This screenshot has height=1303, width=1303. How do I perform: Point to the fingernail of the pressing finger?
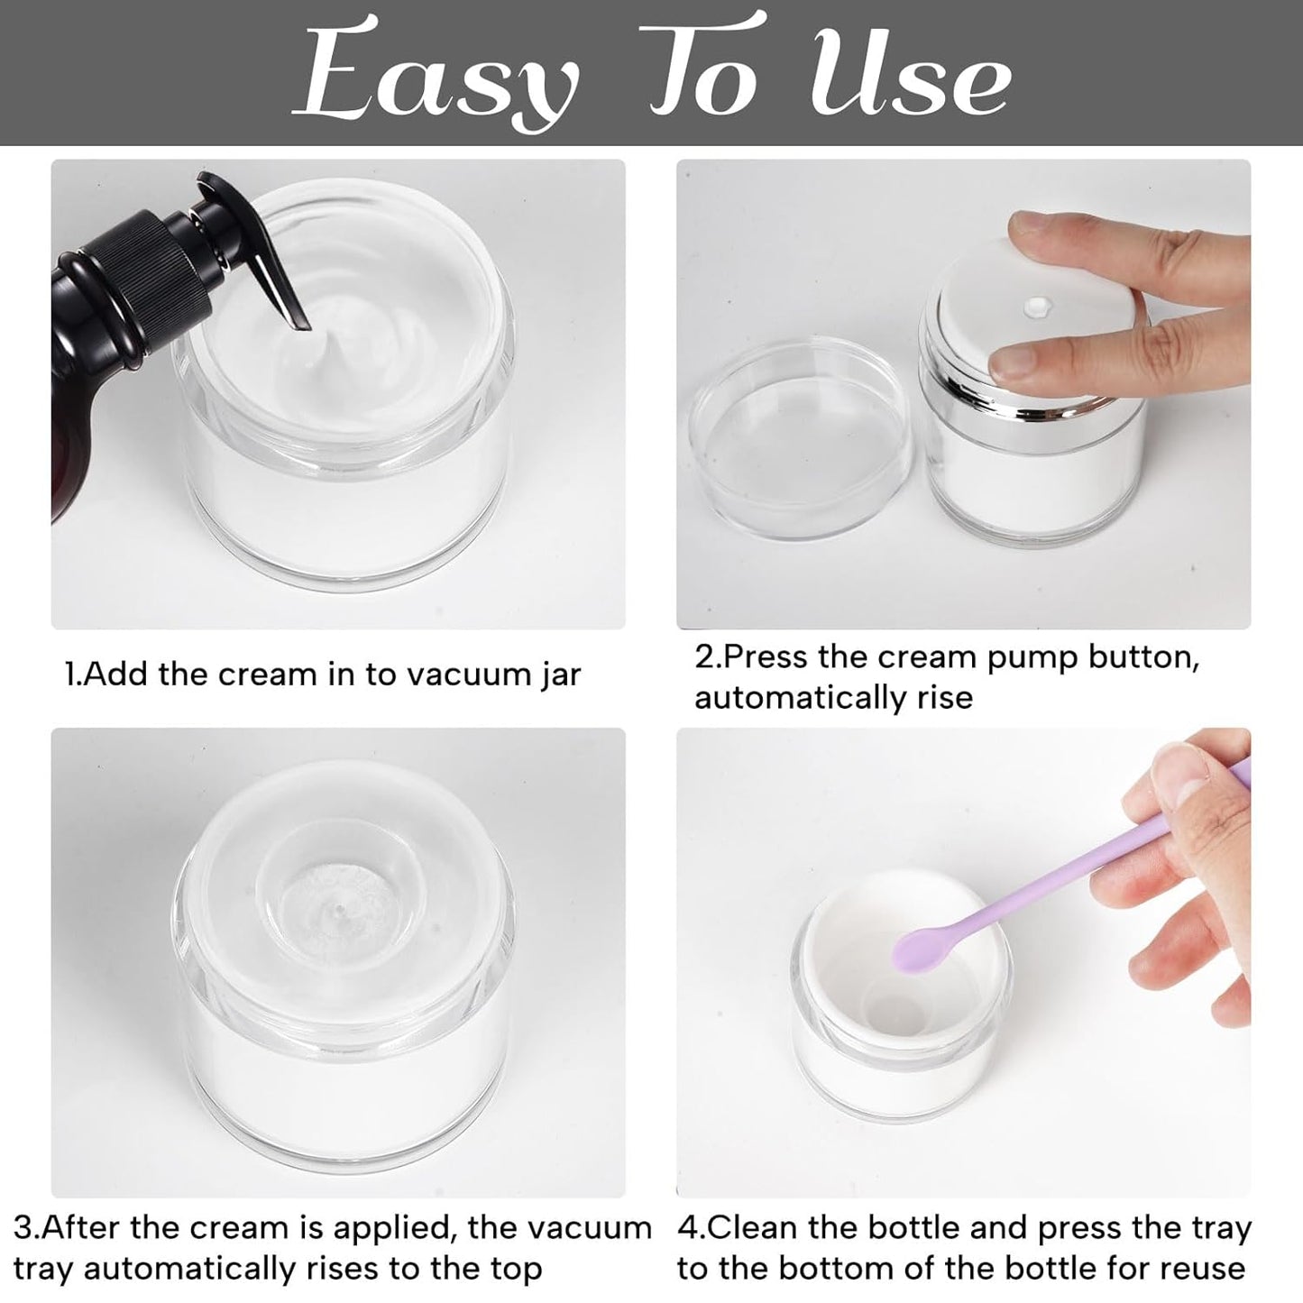tap(1014, 362)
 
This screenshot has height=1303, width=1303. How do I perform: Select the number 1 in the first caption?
tap(69, 674)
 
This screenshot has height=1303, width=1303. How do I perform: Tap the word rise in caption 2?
tap(942, 698)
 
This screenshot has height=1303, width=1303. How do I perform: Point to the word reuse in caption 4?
tap(1200, 1269)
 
